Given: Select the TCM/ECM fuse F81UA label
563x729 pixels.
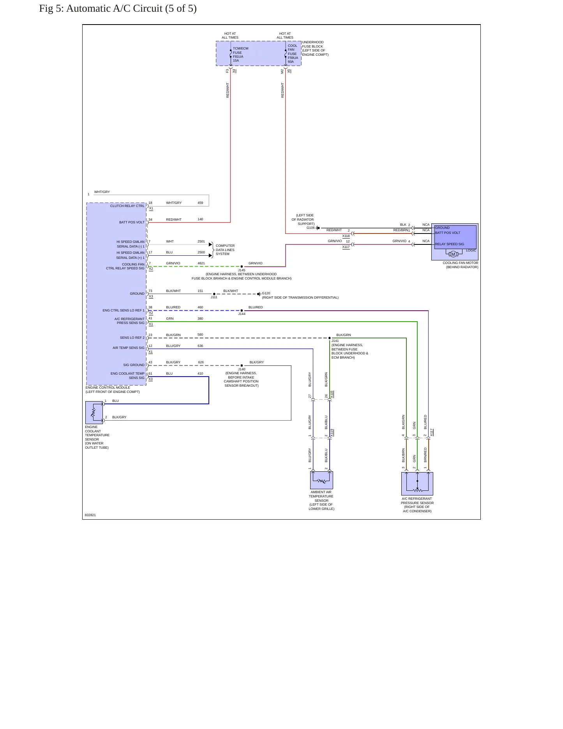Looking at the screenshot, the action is click(x=240, y=55).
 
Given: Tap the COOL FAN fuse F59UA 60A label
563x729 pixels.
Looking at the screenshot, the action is click(x=293, y=54).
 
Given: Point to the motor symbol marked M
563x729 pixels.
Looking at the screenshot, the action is click(x=453, y=254).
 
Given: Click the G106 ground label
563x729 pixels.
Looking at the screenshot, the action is click(x=311, y=228).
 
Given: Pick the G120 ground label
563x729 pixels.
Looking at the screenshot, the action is click(x=266, y=293).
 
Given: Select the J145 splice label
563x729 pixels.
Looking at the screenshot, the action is click(x=242, y=270).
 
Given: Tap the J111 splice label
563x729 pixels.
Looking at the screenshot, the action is click(x=214, y=297).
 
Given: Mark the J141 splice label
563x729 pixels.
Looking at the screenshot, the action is click(x=335, y=341).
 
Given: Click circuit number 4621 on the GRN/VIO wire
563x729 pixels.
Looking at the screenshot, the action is click(x=201, y=263).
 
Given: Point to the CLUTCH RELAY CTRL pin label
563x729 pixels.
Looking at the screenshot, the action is click(x=127, y=206).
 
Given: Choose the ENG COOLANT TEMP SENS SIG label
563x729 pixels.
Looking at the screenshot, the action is click(x=127, y=375).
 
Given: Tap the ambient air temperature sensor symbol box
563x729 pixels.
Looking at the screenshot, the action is click(x=321, y=480).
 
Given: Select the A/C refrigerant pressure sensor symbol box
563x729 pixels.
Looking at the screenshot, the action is click(x=417, y=484).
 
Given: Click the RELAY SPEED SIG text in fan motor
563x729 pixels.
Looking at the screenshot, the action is click(x=450, y=244).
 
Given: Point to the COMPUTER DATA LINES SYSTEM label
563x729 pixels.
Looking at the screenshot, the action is click(x=225, y=250).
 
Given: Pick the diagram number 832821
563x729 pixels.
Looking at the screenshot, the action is click(x=90, y=515).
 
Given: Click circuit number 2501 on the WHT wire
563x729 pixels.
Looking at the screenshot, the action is click(x=201, y=241).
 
